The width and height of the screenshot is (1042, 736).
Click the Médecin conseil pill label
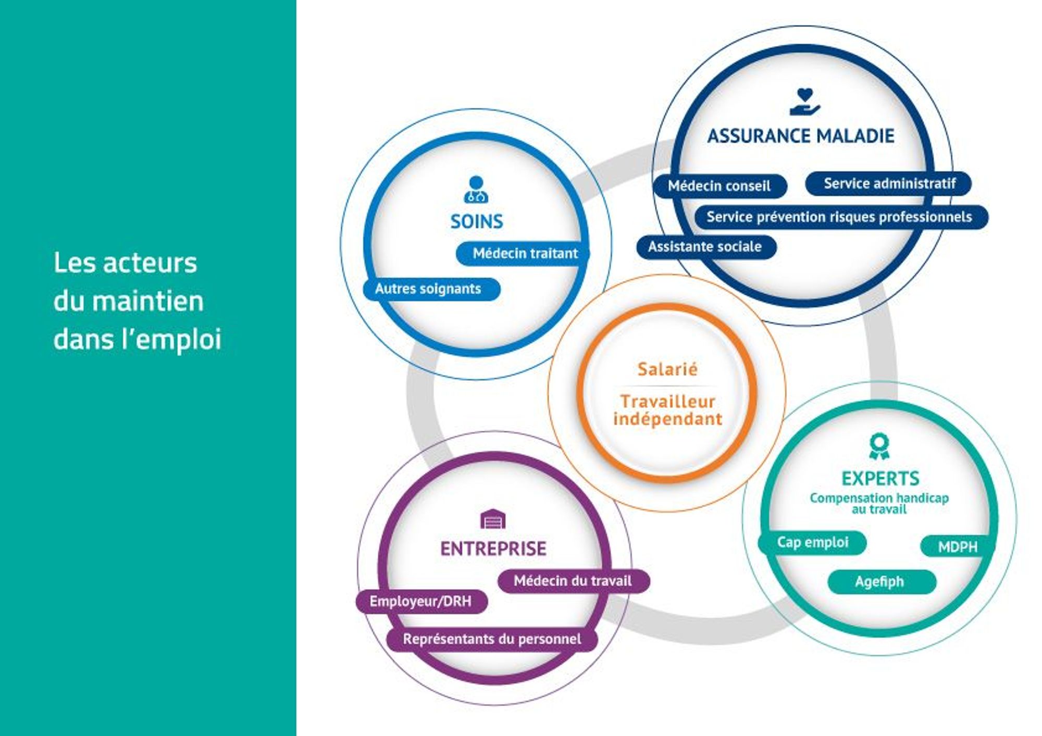[720, 186]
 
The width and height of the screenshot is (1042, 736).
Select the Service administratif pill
[888, 183]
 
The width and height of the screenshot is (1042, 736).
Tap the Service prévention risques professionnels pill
[841, 217]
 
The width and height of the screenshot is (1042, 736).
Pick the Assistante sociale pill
[706, 246]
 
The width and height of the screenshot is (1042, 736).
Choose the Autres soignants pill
[431, 289]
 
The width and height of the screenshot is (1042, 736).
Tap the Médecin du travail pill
[574, 581]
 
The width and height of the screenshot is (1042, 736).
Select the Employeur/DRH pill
[422, 602]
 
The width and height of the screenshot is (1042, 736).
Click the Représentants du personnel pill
[492, 639]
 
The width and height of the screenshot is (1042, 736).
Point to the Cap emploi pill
[812, 543]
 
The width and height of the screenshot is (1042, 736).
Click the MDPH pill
[957, 546]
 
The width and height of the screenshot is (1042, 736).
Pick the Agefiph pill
[882, 582]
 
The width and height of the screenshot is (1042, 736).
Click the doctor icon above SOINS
[476, 190]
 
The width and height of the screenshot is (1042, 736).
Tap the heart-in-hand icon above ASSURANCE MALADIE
[805, 102]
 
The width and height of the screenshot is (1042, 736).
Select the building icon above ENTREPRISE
[492, 519]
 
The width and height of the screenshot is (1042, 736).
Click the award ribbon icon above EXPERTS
[879, 446]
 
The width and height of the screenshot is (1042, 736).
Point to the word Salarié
[667, 369]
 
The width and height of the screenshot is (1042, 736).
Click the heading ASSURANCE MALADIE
[801, 136]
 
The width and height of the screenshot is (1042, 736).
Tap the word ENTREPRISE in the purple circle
[493, 548]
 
